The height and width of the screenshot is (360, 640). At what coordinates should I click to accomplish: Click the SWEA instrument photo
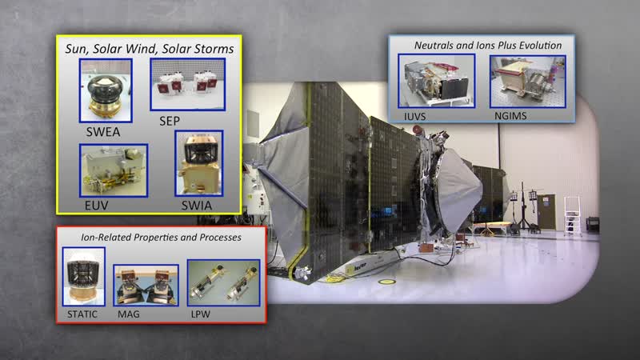point(106,90)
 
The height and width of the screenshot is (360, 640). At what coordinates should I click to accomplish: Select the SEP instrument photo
point(188,85)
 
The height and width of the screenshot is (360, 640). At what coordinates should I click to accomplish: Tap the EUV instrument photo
point(114,170)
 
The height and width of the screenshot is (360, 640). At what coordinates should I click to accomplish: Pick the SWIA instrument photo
point(198,163)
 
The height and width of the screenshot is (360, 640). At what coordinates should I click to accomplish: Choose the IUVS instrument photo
point(437,81)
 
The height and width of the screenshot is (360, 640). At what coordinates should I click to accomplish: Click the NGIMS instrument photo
point(528,82)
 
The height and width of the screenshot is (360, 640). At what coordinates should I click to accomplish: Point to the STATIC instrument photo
point(84,276)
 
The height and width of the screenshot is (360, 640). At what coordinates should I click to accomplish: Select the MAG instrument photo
point(146,285)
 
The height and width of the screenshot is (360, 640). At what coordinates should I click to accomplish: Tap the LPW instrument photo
point(224,283)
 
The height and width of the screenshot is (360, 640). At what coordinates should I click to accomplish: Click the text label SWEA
point(103,132)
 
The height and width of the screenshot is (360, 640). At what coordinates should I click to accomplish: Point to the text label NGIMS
point(510,116)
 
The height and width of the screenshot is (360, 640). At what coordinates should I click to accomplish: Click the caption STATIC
point(82,314)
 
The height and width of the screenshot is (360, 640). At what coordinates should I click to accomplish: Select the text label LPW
point(201,314)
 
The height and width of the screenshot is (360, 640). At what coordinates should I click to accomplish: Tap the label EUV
point(96,206)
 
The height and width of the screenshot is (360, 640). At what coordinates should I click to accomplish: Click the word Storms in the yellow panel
point(214,49)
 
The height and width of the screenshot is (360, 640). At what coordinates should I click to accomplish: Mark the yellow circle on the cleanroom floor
point(386,282)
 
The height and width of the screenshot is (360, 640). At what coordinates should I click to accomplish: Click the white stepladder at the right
point(573,216)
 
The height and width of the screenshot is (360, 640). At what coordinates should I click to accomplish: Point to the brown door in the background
point(546,212)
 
